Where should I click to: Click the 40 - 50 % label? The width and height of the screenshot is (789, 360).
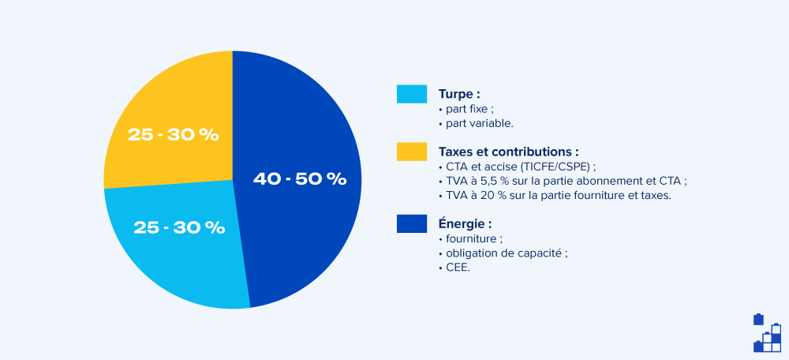pos(300,179)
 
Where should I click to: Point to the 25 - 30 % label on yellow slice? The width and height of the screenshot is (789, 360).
pos(173,135)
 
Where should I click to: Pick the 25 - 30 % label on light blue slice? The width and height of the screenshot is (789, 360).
pos(179,227)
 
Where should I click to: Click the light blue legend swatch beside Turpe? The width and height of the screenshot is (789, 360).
pos(411,94)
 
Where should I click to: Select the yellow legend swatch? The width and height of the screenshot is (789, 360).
pos(411,151)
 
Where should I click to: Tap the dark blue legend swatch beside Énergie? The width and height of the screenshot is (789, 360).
pos(411,223)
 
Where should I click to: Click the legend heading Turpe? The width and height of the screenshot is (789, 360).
pos(459,94)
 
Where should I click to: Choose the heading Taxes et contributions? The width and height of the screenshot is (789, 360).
pos(508,151)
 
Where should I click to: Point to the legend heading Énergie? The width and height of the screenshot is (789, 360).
pos(465,223)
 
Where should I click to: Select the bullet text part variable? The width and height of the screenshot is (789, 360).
pos(478,124)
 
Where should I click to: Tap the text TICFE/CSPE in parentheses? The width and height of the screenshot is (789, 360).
pos(559,166)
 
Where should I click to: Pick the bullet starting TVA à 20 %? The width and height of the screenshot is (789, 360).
pos(557,195)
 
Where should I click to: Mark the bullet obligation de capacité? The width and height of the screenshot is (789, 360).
pos(505,253)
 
